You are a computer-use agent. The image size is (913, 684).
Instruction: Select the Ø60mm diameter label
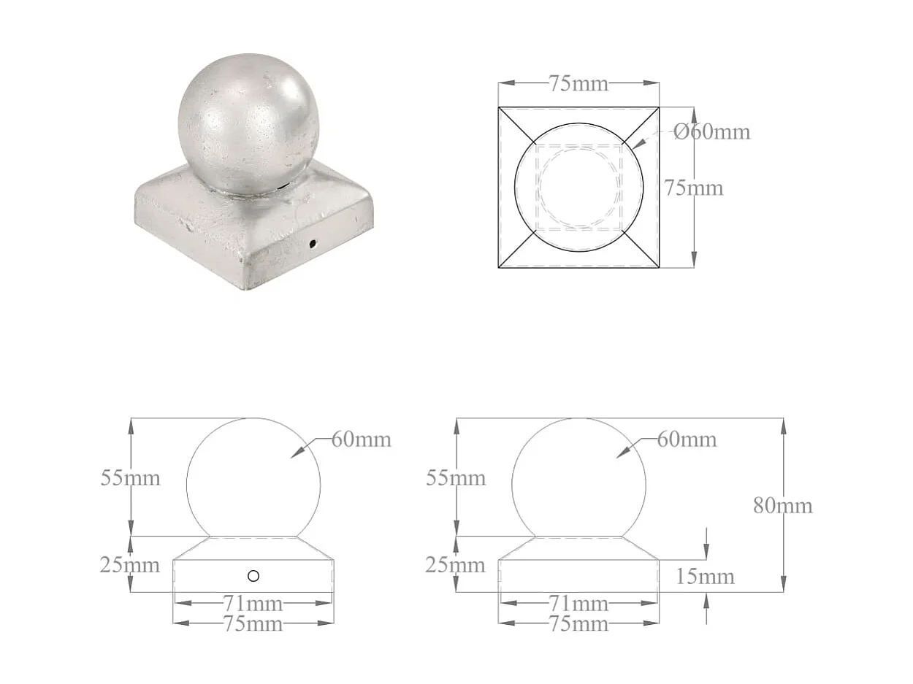[711, 132]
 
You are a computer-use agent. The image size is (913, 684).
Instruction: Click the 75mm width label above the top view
[578, 84]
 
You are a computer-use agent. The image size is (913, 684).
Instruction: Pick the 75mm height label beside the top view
[693, 188]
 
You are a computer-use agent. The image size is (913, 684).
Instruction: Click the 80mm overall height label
[783, 505]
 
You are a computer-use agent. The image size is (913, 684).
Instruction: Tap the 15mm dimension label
[705, 577]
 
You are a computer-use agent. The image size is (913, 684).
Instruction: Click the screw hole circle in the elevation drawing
[253, 576]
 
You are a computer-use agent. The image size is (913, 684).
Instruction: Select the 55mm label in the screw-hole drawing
[130, 478]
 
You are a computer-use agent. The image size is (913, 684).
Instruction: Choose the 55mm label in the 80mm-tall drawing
[456, 478]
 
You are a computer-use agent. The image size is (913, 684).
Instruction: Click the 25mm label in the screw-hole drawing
[130, 564]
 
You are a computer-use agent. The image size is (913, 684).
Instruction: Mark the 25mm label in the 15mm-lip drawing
[456, 564]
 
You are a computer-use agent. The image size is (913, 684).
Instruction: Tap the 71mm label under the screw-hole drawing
[253, 604]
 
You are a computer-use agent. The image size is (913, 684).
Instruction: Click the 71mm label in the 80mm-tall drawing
[578, 604]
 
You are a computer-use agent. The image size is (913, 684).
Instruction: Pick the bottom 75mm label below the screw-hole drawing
[253, 624]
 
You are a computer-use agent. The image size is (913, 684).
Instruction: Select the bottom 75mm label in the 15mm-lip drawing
[578, 624]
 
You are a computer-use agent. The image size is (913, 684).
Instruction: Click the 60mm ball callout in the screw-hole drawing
[362, 439]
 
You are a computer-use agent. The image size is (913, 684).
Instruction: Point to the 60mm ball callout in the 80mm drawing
[687, 439]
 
